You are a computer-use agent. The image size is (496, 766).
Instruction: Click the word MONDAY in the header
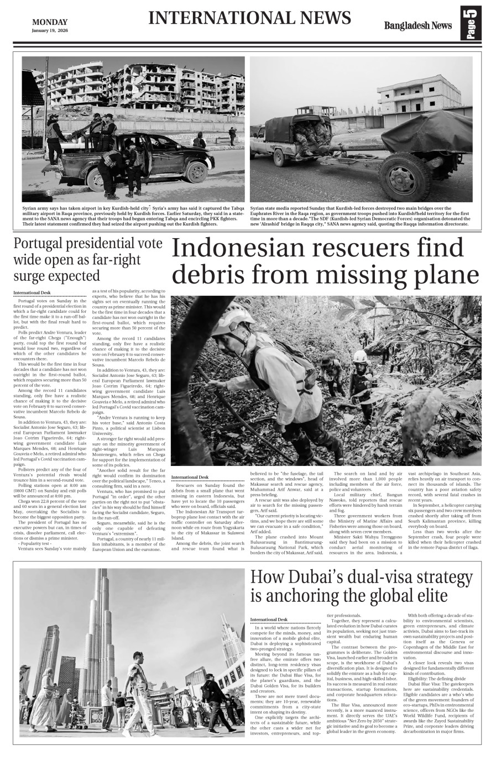50,22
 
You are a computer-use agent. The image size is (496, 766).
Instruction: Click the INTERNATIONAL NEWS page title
249,18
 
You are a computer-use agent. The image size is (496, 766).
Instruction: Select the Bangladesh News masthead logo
418,25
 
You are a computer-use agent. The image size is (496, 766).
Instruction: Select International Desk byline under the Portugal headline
32,292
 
